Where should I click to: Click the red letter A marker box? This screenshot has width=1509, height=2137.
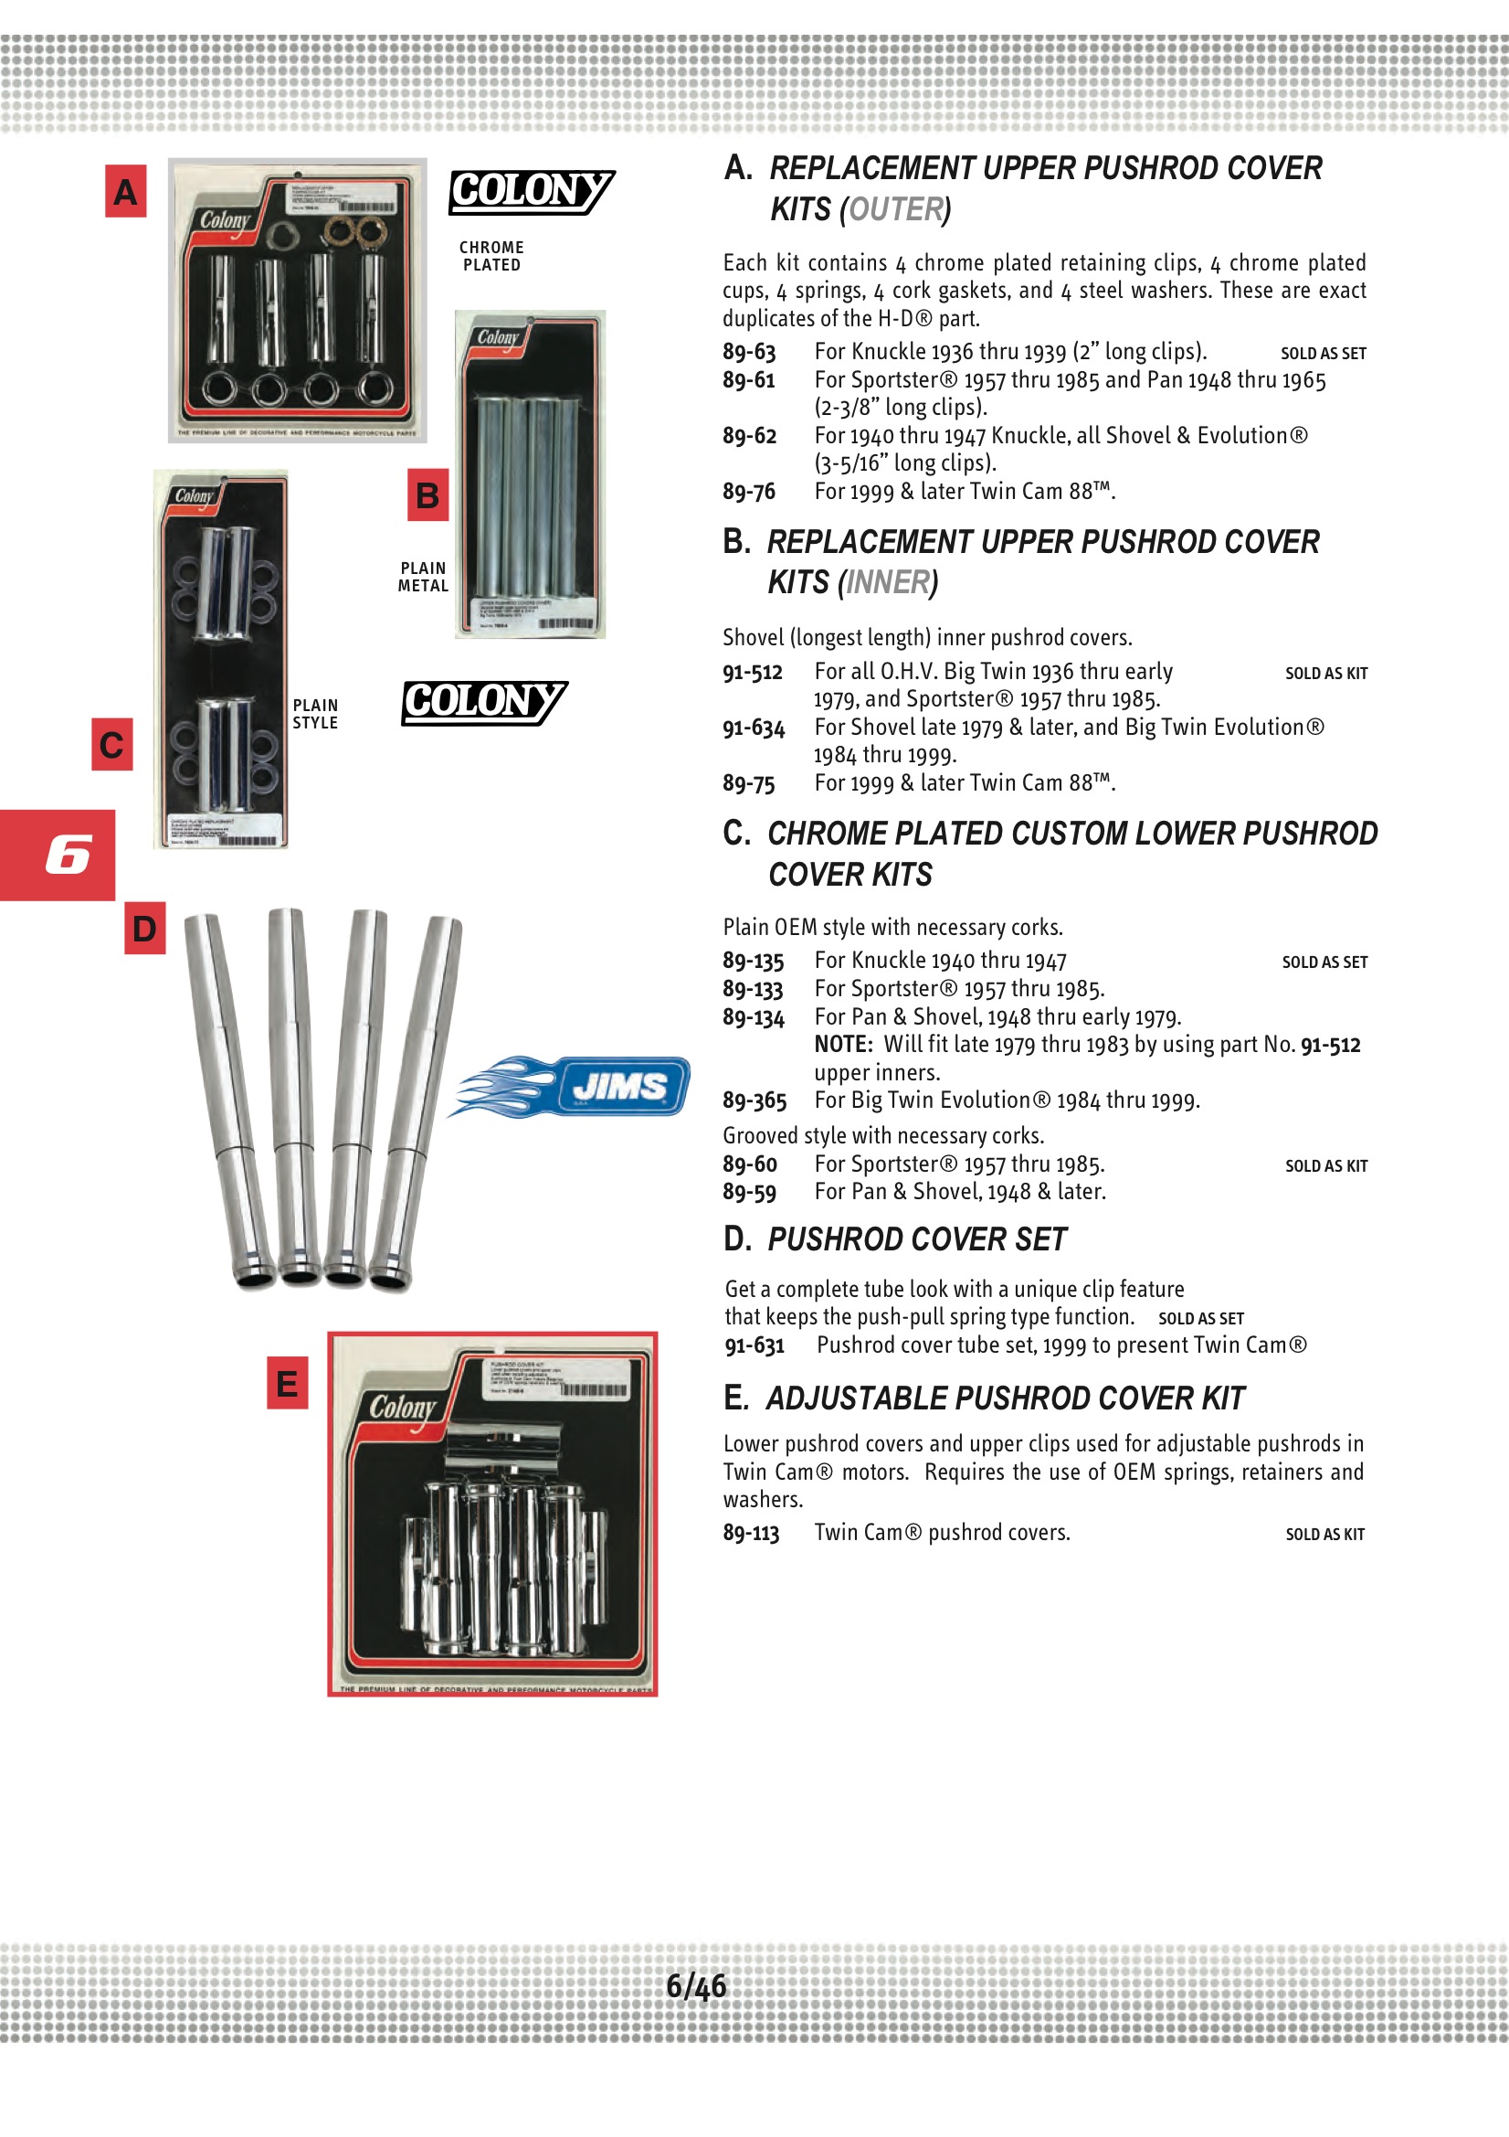[125, 192]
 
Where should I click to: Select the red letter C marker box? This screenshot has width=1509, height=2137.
[111, 745]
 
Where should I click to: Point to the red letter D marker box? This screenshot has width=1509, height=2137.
[145, 928]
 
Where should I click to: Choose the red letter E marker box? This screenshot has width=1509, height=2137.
[288, 1383]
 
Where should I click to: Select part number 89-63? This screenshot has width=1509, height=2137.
[749, 352]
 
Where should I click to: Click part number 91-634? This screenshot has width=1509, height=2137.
[754, 728]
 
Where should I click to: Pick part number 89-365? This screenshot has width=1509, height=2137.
[754, 1101]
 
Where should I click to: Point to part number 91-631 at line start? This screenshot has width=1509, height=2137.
[754, 1345]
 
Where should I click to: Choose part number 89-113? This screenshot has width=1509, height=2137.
[751, 1533]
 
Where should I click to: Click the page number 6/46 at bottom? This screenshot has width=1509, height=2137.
[696, 1986]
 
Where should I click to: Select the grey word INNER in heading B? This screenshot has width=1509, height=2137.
[888, 583]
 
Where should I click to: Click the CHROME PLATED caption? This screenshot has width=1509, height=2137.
[491, 256]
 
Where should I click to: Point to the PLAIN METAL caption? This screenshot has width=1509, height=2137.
[423, 577]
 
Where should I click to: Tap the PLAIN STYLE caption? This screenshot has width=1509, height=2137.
[315, 714]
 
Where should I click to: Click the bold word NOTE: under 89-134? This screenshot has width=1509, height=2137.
[843, 1045]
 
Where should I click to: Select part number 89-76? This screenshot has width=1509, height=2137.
[749, 492]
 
